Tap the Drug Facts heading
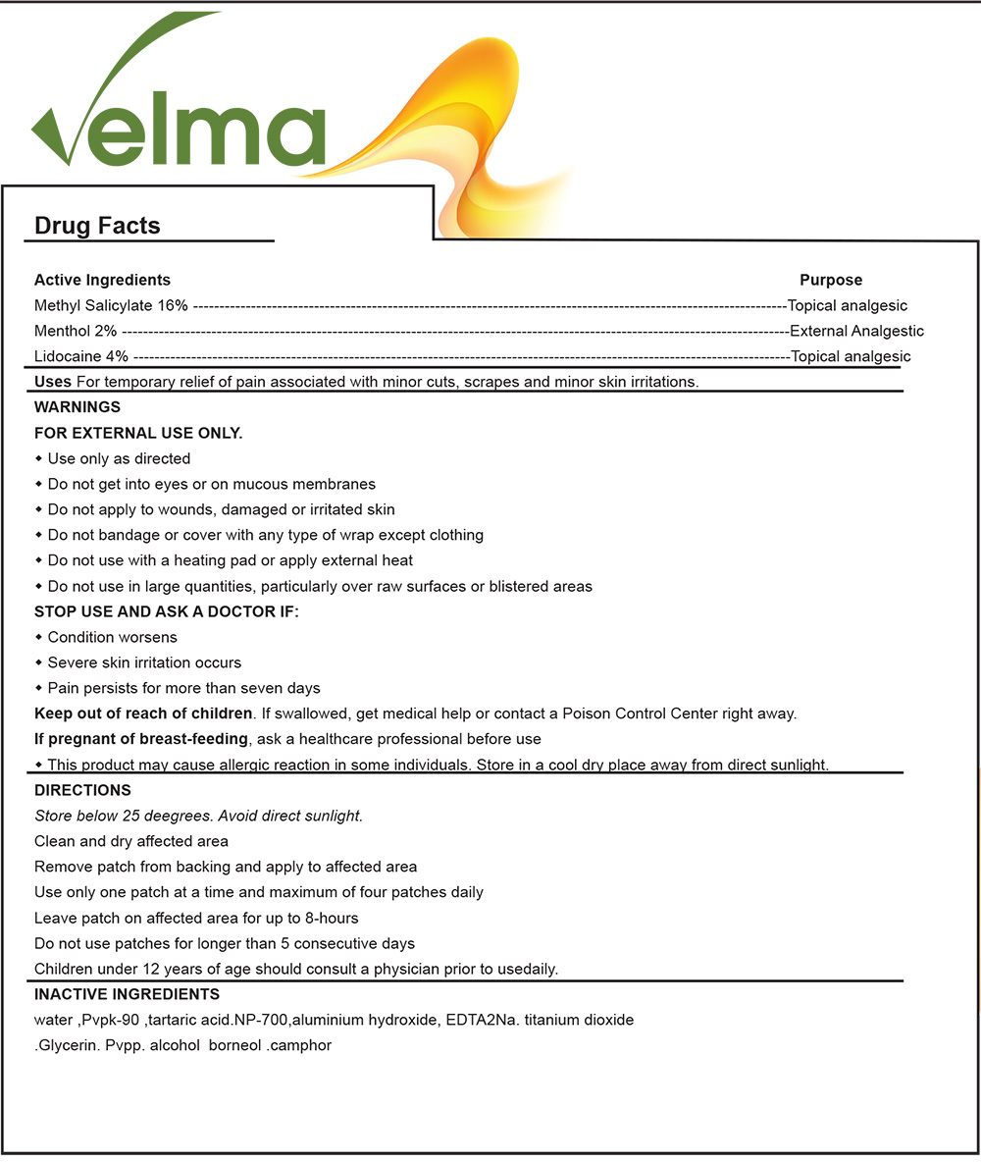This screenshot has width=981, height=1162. pyautogui.click(x=97, y=226)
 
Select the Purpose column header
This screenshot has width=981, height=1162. pyautogui.click(x=831, y=280)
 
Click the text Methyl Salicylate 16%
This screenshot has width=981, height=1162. pyautogui.click(x=111, y=305)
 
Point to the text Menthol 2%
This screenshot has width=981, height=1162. pyautogui.click(x=76, y=331)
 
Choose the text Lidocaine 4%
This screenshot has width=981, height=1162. pyautogui.click(x=81, y=356)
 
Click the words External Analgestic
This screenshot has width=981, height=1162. pyautogui.click(x=856, y=331)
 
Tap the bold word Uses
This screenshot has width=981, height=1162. pyautogui.click(x=53, y=382)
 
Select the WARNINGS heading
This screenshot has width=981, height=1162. pyautogui.click(x=77, y=407)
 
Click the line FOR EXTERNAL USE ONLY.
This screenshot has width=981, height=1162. pyautogui.click(x=138, y=433)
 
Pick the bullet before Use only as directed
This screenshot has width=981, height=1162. pyautogui.click(x=39, y=458)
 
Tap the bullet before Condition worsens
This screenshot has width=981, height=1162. pyautogui.click(x=39, y=637)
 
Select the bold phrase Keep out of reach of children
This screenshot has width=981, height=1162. pyautogui.click(x=143, y=713)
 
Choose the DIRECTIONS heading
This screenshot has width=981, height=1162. pyautogui.click(x=82, y=790)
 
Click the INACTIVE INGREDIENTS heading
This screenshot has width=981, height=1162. pyautogui.click(x=127, y=994)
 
